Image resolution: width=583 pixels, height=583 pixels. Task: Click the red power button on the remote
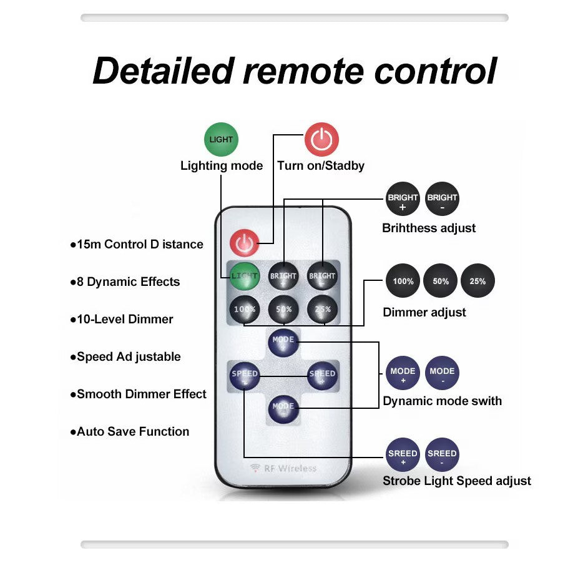(243, 243)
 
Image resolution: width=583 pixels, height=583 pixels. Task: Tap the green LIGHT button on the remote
(244, 275)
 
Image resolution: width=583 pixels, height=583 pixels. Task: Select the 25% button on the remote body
(323, 308)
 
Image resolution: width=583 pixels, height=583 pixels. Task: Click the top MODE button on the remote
(283, 341)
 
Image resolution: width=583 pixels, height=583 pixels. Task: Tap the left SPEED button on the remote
(244, 375)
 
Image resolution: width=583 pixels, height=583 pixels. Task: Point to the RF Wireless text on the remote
(283, 468)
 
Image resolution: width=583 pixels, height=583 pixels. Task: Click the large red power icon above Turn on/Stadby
(321, 139)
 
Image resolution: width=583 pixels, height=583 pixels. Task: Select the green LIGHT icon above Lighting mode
(221, 139)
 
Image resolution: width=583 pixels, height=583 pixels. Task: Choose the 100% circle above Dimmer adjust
(403, 281)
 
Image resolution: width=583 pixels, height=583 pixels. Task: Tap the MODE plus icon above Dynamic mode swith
(403, 375)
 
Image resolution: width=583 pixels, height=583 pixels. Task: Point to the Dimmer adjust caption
(424, 312)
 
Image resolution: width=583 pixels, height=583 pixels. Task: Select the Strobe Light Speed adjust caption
(457, 481)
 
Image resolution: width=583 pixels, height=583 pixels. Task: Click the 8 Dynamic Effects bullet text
(128, 282)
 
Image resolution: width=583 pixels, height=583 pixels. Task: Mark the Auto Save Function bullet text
(132, 432)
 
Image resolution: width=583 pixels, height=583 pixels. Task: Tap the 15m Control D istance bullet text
(140, 245)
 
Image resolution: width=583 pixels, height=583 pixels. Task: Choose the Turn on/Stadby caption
(321, 166)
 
